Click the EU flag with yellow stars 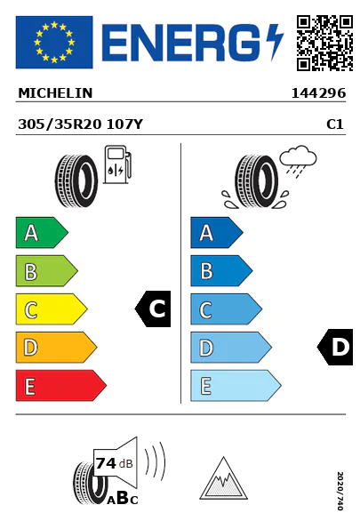coord(54,42)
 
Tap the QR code coord(324,43)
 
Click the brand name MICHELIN coord(55,93)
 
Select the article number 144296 coord(318,93)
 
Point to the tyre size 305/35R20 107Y coord(81,124)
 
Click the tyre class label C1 coord(335,124)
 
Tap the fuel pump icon coord(117,164)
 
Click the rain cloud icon coord(298,159)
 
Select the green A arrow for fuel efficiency coord(42,233)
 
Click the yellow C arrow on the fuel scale coord(51,309)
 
